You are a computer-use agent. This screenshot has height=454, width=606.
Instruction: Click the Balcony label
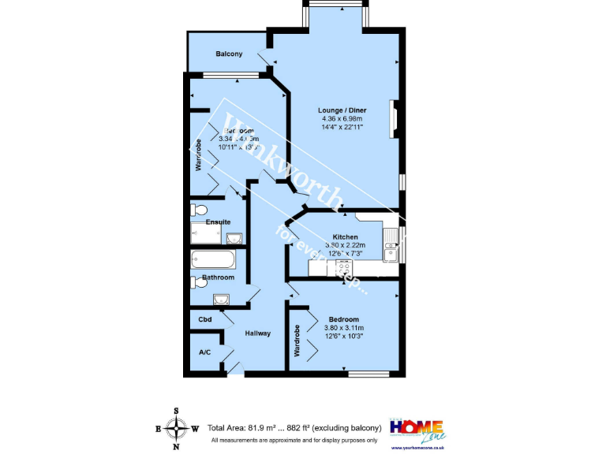point(229,54)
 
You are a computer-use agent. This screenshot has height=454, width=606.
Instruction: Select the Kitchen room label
point(346,237)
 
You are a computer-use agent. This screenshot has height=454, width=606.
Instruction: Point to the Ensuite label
point(218,222)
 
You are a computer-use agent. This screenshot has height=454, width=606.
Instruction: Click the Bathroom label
point(218,277)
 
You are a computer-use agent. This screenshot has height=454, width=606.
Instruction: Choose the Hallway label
point(257,333)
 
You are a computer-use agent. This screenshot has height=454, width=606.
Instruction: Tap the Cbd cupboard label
point(205,319)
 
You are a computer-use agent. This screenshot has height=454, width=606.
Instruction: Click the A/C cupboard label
point(204,352)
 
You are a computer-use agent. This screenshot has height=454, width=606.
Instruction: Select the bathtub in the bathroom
point(211,259)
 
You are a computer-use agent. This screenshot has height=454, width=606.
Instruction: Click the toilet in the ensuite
point(199,210)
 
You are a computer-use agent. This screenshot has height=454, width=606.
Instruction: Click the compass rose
point(176,429)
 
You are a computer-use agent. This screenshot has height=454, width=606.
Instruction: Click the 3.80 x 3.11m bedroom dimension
point(344,328)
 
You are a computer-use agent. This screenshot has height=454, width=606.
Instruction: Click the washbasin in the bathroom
point(220,299)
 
